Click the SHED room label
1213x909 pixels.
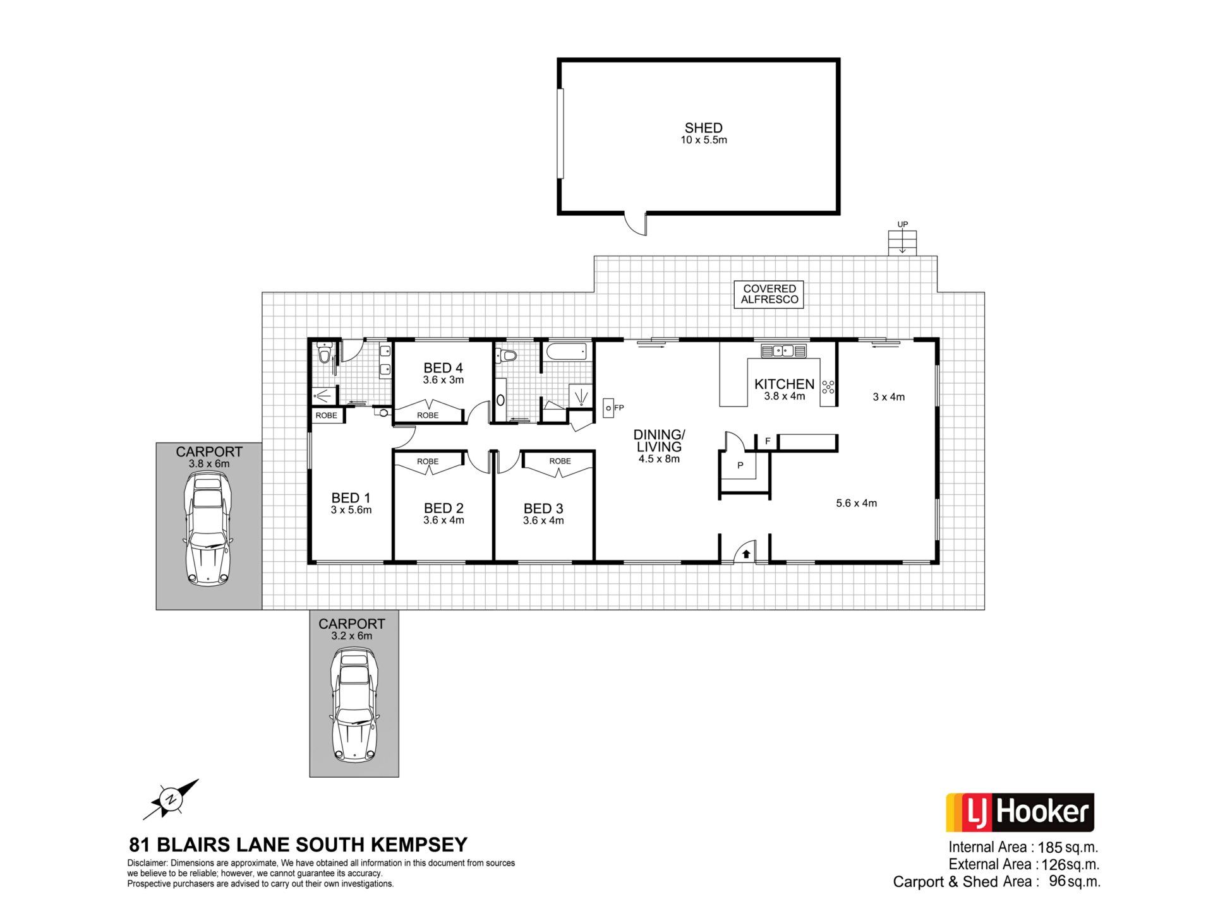point(703,128)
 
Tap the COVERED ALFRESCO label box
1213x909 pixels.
point(769,294)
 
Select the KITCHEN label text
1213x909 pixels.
point(784,384)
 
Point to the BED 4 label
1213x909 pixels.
point(443,367)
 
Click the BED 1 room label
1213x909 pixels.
point(351,498)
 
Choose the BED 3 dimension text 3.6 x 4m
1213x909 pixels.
point(543,521)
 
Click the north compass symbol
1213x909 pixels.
point(171,799)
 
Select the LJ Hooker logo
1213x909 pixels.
point(1019,812)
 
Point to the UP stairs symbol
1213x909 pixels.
point(902,242)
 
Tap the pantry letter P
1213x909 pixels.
point(740,465)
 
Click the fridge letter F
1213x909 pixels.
point(768,441)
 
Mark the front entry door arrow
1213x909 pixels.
point(746,554)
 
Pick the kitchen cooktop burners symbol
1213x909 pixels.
point(828,388)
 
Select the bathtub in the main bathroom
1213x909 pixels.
point(567,352)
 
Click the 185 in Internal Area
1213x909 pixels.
point(1049,847)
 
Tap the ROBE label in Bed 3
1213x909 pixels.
point(560,461)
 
